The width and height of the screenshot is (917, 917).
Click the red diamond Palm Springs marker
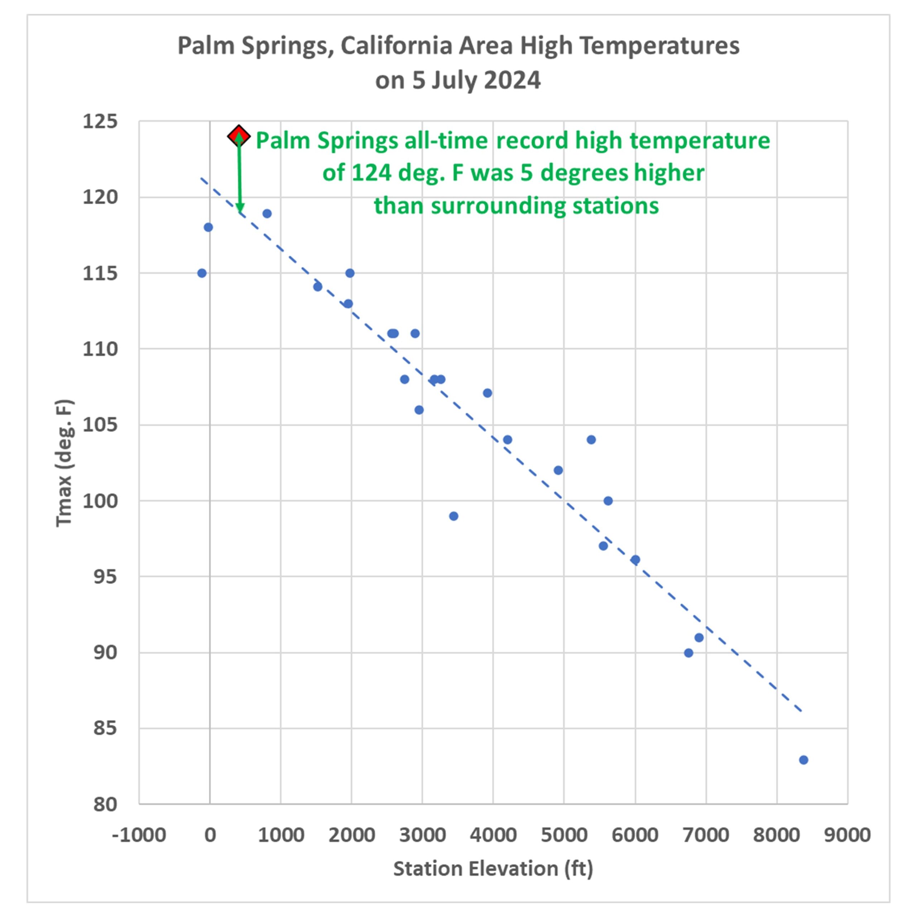click(x=238, y=136)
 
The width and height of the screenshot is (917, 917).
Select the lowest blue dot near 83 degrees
click(x=803, y=760)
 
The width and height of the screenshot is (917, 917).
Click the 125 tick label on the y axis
click(x=100, y=121)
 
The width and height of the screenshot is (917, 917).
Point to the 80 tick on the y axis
click(x=105, y=805)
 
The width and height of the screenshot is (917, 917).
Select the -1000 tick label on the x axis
click(x=139, y=835)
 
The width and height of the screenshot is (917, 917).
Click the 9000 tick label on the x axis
click(x=847, y=835)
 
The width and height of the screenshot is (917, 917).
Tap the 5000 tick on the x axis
click(x=564, y=835)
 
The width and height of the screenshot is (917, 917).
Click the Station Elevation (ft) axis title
click(x=493, y=869)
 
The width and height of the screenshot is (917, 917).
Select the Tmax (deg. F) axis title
click(x=64, y=463)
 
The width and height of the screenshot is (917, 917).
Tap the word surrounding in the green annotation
click(x=498, y=206)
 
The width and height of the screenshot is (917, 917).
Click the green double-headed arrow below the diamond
click(x=240, y=176)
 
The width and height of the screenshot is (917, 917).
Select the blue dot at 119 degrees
click(x=267, y=213)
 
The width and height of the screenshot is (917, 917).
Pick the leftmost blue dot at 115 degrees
click(x=202, y=273)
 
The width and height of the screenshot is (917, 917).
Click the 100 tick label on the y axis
click(x=100, y=501)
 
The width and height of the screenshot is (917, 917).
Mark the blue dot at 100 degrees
click(x=608, y=501)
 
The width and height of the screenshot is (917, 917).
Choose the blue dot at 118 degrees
click(x=208, y=227)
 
